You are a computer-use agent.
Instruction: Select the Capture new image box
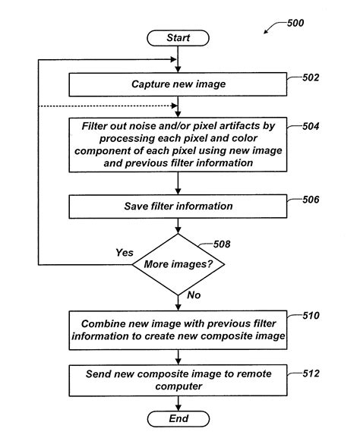177,84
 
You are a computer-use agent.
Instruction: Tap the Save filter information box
177,206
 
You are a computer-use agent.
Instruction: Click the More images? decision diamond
177,265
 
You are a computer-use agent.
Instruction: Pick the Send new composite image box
177,380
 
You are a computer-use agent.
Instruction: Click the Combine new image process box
177,330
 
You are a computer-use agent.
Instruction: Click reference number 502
311,77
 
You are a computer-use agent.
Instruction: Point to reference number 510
311,315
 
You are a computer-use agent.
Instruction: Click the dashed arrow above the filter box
122,106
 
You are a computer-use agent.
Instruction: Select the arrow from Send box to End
177,402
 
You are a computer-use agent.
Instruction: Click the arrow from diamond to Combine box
177,302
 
